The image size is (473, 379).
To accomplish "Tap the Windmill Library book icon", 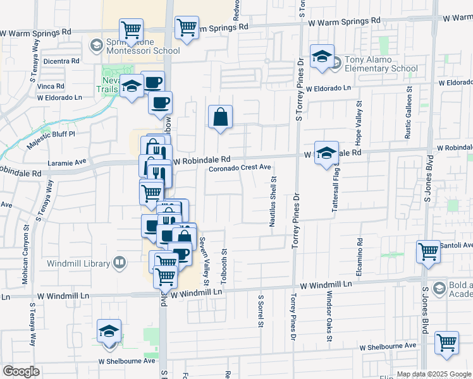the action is (x=120, y=262).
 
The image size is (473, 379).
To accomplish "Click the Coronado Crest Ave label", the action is (x=240, y=167).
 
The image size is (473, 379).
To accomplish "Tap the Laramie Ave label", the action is (x=71, y=162).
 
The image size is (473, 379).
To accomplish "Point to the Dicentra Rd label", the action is (x=61, y=61).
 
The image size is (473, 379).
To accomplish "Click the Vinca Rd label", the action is (x=51, y=86).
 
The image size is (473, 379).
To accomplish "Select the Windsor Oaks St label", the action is (x=329, y=317).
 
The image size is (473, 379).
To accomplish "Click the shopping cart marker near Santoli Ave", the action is (x=428, y=251).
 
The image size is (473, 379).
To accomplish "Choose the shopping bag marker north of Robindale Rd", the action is (x=220, y=117).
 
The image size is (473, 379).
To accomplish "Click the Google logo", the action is (x=21, y=371).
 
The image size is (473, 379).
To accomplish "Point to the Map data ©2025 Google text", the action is (x=433, y=374).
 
